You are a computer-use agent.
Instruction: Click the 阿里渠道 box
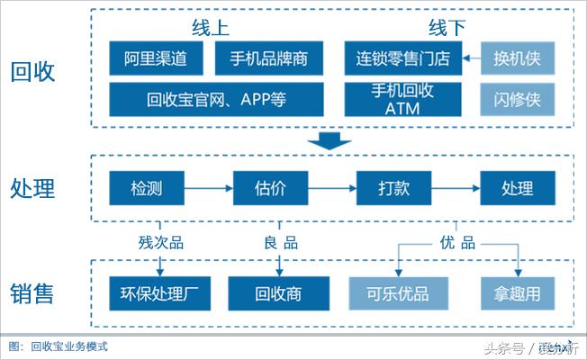156,59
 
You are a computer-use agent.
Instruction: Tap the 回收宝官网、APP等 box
216,99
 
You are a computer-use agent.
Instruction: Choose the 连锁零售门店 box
403,59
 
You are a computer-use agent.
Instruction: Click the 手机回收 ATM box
403,99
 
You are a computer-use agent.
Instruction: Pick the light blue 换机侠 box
517,59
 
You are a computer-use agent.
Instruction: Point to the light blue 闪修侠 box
517,99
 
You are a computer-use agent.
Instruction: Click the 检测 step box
146,189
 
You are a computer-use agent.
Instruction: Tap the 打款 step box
394,189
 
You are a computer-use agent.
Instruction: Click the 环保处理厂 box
158,293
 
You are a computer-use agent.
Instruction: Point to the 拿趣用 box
517,293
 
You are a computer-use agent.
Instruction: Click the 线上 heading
211,27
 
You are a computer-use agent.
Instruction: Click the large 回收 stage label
32,71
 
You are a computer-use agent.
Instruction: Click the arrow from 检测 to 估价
207,189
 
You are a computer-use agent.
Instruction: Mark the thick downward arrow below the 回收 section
329,141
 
